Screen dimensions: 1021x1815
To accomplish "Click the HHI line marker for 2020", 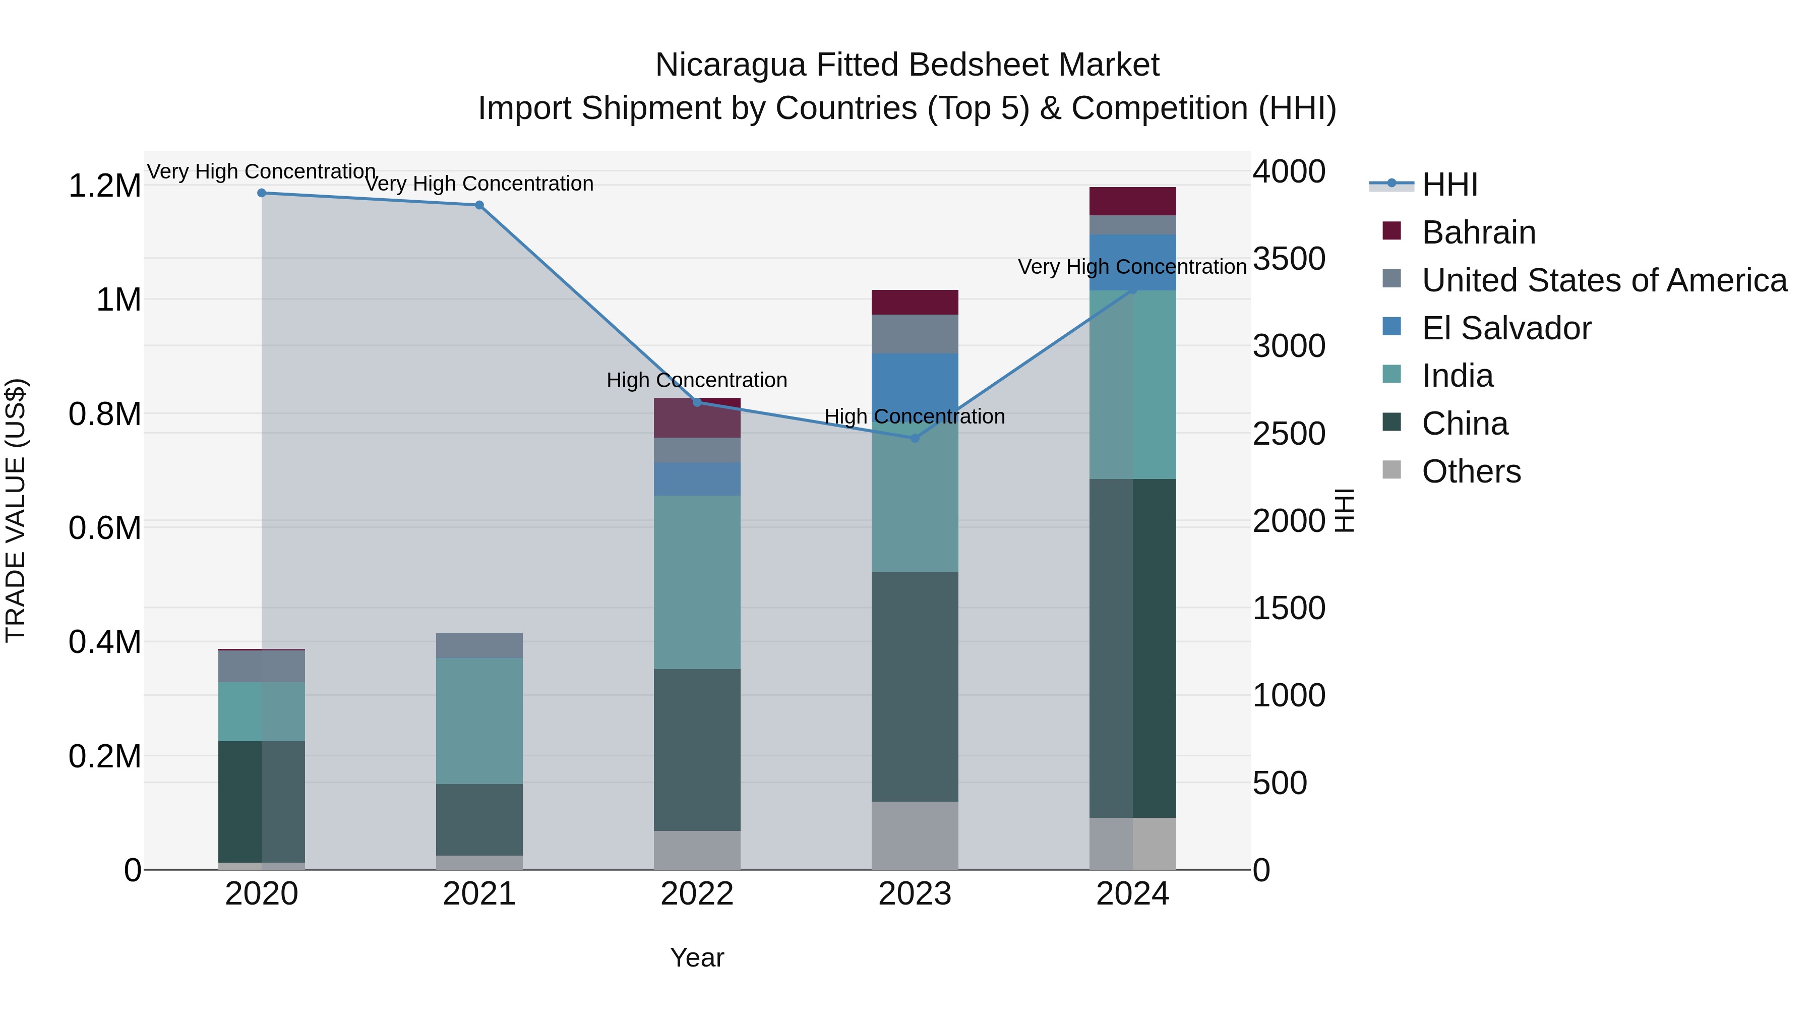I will click(x=261, y=193).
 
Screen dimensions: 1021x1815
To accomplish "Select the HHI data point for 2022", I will click(x=697, y=402).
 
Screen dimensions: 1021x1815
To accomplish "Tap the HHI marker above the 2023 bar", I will click(x=915, y=438).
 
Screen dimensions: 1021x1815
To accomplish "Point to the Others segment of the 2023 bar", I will click(x=915, y=835).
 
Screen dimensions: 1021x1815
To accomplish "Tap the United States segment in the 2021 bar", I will click(x=479, y=645).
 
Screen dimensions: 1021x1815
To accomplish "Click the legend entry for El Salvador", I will click(x=1505, y=328).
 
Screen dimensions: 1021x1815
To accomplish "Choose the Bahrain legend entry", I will click(x=1478, y=232).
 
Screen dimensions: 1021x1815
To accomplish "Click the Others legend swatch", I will click(x=1391, y=470).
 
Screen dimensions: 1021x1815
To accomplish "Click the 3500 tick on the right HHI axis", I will click(x=1289, y=259).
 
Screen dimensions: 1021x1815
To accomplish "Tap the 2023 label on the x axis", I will click(x=915, y=894).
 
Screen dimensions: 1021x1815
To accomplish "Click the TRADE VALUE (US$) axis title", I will click(x=16, y=510).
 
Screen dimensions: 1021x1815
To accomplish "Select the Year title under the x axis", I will click(x=697, y=957).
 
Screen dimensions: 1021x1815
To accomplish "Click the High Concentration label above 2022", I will click(x=697, y=381).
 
